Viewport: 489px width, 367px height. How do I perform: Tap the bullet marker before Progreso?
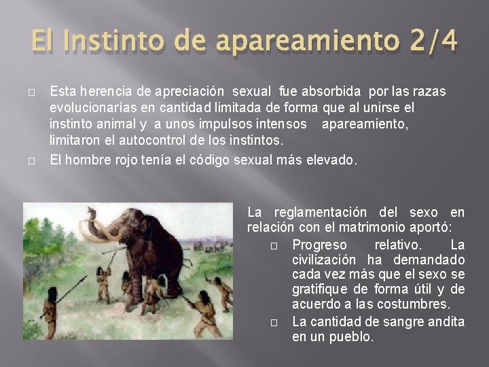(x=276, y=244)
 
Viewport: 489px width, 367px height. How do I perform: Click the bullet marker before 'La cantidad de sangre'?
(x=276, y=322)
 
